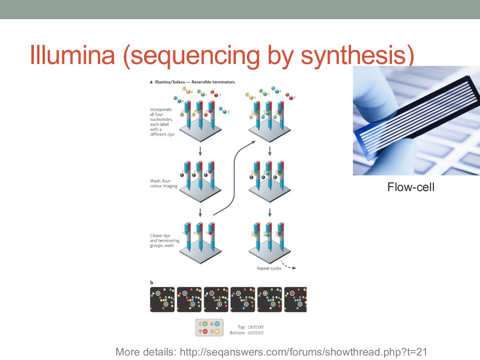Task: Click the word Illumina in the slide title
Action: (72, 55)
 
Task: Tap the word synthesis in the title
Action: (357, 55)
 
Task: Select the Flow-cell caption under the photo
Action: (411, 187)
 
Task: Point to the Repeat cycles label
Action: (269, 268)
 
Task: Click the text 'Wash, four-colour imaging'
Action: (164, 183)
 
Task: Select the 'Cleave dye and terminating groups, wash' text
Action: (164, 241)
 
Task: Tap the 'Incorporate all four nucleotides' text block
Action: (162, 122)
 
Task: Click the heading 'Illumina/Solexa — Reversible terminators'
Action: (195, 82)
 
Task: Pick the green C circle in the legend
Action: (205, 324)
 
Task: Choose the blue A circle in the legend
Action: (217, 324)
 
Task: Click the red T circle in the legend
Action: (205, 332)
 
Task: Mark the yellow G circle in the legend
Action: (217, 332)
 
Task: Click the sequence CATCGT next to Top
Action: (255, 327)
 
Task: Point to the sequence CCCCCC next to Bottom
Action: (255, 333)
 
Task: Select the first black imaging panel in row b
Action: (162, 300)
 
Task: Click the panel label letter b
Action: (152, 283)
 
